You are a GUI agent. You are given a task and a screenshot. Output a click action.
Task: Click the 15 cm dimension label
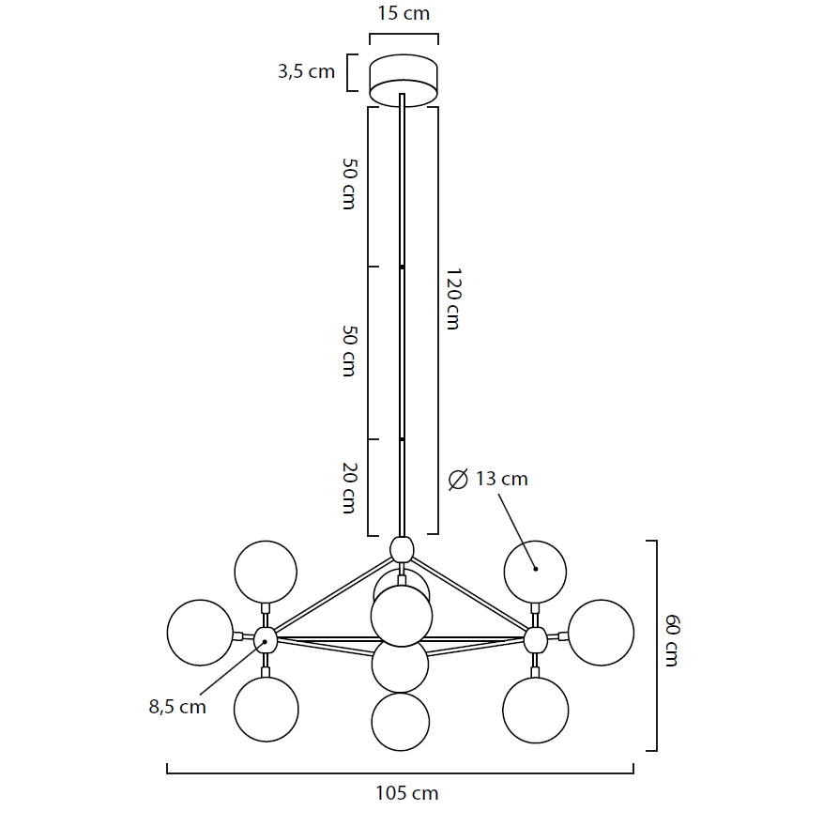[404, 13]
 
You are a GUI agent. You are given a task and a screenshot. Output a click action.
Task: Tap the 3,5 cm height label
[306, 71]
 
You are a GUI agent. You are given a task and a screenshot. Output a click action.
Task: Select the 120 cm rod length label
[453, 298]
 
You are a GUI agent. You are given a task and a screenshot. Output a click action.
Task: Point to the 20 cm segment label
[349, 488]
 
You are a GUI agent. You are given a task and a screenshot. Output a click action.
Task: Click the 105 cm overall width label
[406, 793]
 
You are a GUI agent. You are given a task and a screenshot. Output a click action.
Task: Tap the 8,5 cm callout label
[177, 707]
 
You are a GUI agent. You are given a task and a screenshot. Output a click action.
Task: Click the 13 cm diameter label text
[501, 479]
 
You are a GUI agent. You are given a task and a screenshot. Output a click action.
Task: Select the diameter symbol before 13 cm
[458, 480]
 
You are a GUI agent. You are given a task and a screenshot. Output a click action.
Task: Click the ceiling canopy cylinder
[404, 80]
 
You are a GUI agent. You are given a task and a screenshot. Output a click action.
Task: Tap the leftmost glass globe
[200, 633]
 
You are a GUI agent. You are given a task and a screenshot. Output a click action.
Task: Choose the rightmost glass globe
[601, 633]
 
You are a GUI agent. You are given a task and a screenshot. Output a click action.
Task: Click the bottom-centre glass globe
[400, 722]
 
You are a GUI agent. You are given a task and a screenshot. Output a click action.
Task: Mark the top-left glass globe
[266, 572]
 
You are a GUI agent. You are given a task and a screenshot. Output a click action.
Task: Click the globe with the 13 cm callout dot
[535, 572]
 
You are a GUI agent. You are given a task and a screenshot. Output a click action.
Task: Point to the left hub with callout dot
[266, 640]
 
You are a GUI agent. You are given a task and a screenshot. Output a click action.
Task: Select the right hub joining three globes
[536, 640]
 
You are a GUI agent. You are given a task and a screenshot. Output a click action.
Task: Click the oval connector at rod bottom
[402, 550]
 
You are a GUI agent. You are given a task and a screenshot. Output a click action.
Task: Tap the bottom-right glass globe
[536, 711]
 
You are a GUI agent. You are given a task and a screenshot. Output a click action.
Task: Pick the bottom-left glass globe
[266, 710]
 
